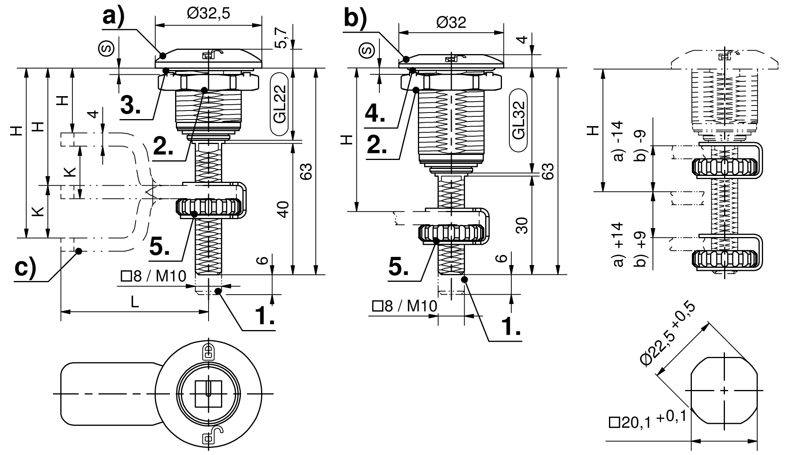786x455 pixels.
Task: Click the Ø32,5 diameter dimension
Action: [x=208, y=14]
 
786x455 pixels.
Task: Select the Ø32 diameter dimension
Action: [x=451, y=23]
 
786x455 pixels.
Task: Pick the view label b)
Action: [x=355, y=19]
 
